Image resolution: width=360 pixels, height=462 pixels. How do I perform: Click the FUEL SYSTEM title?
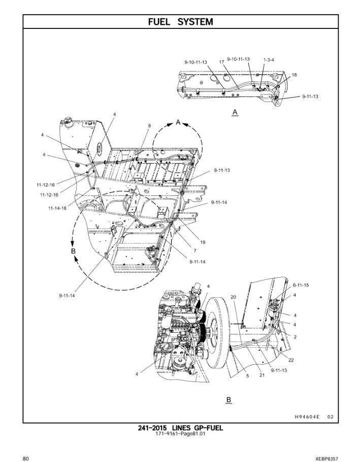coord(180,22)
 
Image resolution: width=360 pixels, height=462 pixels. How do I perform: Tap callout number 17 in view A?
coord(222,62)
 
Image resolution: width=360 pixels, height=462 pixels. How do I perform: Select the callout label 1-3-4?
coord(269,60)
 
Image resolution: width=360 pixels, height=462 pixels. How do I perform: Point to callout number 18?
coord(294,75)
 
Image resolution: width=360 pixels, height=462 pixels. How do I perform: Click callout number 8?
coord(149,125)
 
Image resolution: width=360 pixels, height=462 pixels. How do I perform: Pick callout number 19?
coord(203,243)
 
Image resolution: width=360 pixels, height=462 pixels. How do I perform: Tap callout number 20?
coord(233,297)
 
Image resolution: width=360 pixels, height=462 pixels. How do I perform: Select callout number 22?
coord(291,360)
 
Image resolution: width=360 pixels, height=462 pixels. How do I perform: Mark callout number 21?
coord(262,375)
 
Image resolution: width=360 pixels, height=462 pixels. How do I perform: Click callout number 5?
coord(247,376)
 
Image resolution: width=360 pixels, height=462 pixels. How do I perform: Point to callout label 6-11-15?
coord(300,285)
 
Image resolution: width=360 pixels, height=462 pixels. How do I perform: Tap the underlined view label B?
coord(228,400)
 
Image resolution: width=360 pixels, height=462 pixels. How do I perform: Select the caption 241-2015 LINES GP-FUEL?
coord(180,428)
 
